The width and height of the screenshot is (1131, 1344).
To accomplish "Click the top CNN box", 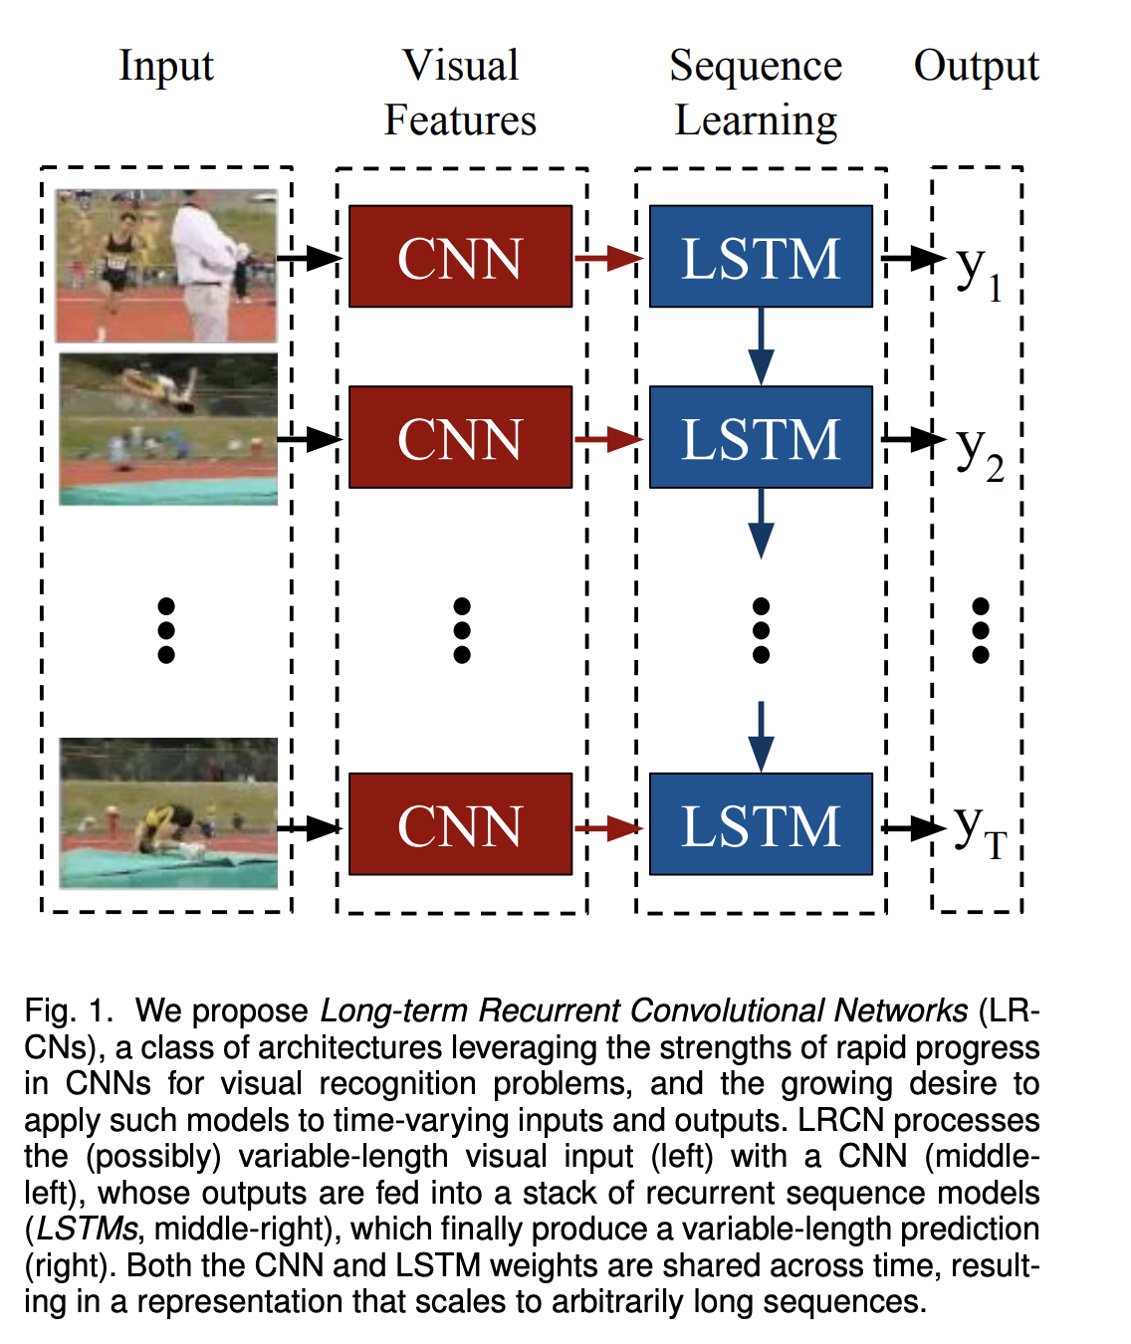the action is coord(460,256).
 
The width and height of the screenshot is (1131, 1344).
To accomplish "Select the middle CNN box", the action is coord(460,437).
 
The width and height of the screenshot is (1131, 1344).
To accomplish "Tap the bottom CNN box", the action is coord(460,824).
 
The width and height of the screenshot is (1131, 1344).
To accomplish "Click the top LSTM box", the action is coord(761,256).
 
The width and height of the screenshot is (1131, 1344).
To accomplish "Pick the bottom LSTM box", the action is coord(761,824).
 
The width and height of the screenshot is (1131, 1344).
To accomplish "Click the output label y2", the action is coord(980,454).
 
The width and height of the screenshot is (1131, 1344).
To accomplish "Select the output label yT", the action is coord(981,832).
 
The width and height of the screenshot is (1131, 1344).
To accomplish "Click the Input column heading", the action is coord(166,67).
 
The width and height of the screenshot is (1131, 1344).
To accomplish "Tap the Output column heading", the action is coord(976,67).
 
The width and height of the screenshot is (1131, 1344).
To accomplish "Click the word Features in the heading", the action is coord(460,119).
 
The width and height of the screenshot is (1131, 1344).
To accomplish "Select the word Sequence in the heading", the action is coord(756,67).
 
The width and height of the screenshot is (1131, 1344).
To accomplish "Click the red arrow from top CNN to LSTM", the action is coord(609,258).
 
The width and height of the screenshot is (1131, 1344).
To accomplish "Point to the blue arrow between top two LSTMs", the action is coord(761,346).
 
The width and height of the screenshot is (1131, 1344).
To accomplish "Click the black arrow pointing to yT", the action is coord(913,827).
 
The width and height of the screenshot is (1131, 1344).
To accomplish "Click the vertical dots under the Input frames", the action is coord(166,630).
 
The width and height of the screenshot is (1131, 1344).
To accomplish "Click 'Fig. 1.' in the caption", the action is coord(69,1010).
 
